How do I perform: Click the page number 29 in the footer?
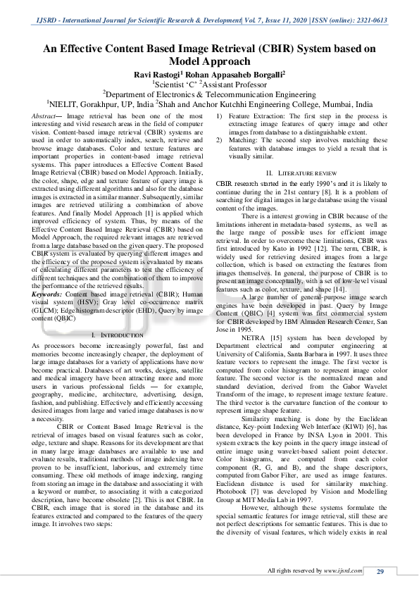pyautogui.click(x=380, y=570)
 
